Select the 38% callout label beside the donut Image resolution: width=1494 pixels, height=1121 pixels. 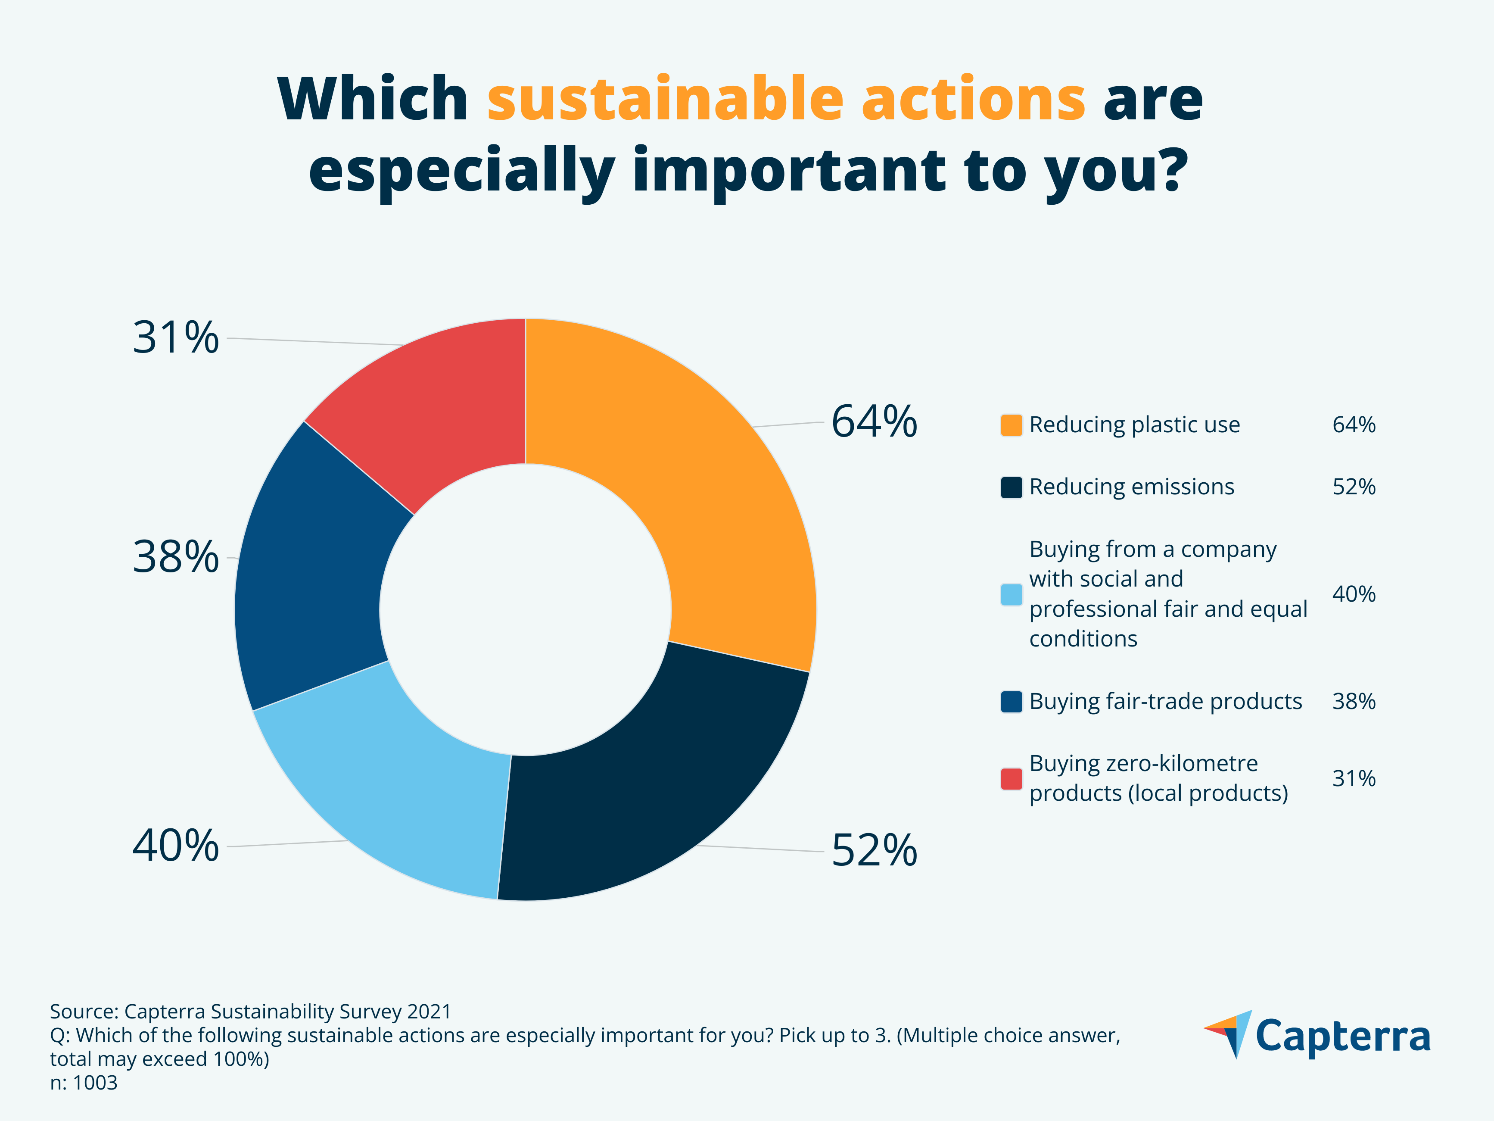[176, 557]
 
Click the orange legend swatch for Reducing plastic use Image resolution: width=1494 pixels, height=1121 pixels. [1011, 425]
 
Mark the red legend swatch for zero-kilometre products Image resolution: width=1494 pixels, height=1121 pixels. [1011, 778]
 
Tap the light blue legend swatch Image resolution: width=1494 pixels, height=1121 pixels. [1011, 595]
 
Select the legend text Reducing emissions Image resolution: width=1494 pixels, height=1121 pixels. [1131, 487]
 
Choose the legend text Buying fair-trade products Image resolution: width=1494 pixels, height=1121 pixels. [1165, 701]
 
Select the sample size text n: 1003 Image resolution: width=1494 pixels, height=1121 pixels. [84, 1083]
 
